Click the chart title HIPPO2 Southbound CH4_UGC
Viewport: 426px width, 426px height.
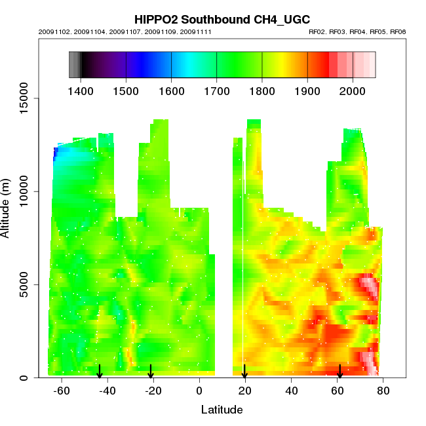(x=222, y=20)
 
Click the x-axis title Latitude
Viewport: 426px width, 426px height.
(x=222, y=410)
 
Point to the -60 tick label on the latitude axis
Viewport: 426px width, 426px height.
(x=62, y=391)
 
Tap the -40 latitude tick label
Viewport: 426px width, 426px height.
(x=107, y=391)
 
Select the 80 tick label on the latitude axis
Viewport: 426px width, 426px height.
(x=383, y=391)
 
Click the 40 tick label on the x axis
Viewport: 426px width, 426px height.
(x=291, y=391)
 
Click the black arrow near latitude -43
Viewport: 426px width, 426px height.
(x=100, y=372)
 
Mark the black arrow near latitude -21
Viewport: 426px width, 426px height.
(x=151, y=372)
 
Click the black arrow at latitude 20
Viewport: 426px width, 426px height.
(x=244, y=372)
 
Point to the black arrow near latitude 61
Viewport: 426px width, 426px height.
(x=339, y=372)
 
